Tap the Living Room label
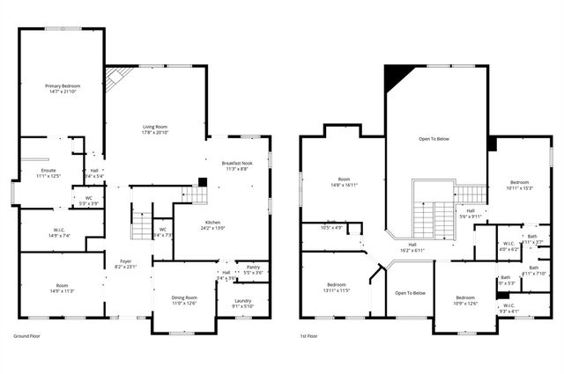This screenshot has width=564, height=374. pos(155,128)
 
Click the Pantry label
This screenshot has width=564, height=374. pos(253,268)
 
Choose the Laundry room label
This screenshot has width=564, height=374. pos(242,303)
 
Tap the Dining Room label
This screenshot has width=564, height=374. pos(184,300)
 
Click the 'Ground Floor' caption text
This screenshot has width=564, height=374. pos(27,336)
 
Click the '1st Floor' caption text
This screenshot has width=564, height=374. pos(310,336)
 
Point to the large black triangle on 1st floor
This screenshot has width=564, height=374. pos(396,79)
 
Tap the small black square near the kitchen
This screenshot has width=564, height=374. pos(202,182)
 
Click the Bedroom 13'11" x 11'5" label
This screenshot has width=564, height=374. pos(337,287)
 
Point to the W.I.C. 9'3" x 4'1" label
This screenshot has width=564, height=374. pos(510,310)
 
